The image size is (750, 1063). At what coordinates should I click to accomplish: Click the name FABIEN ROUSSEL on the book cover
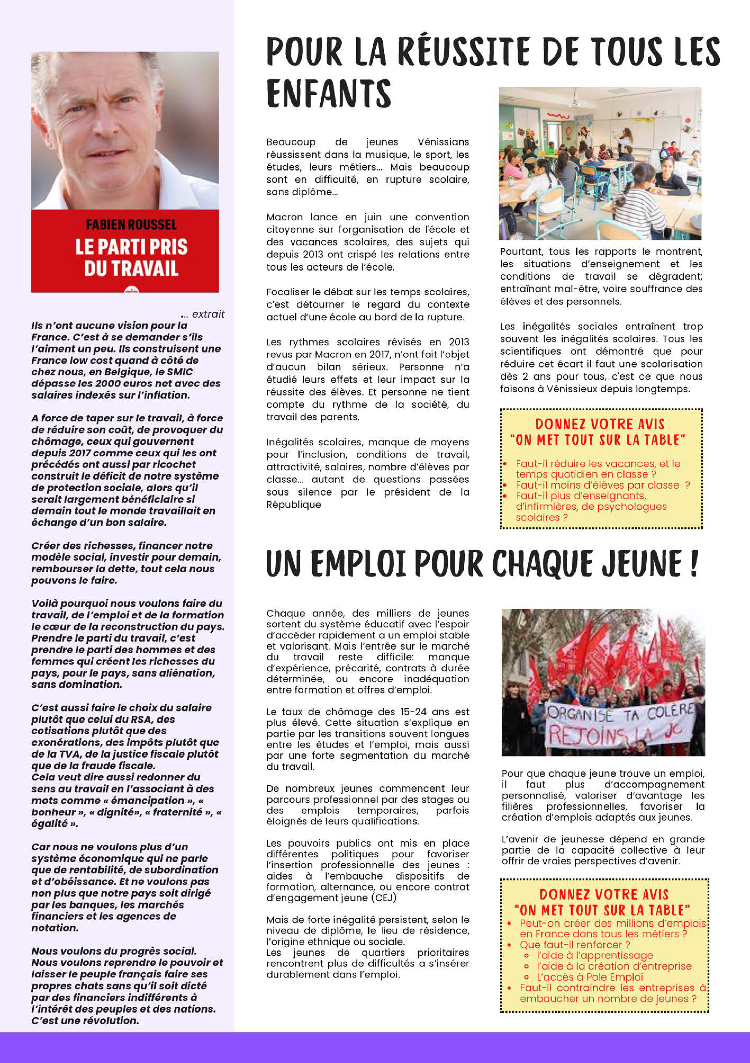[131, 225]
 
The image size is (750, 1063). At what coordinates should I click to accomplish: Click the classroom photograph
[600, 164]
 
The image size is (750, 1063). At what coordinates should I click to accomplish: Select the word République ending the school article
[294, 505]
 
